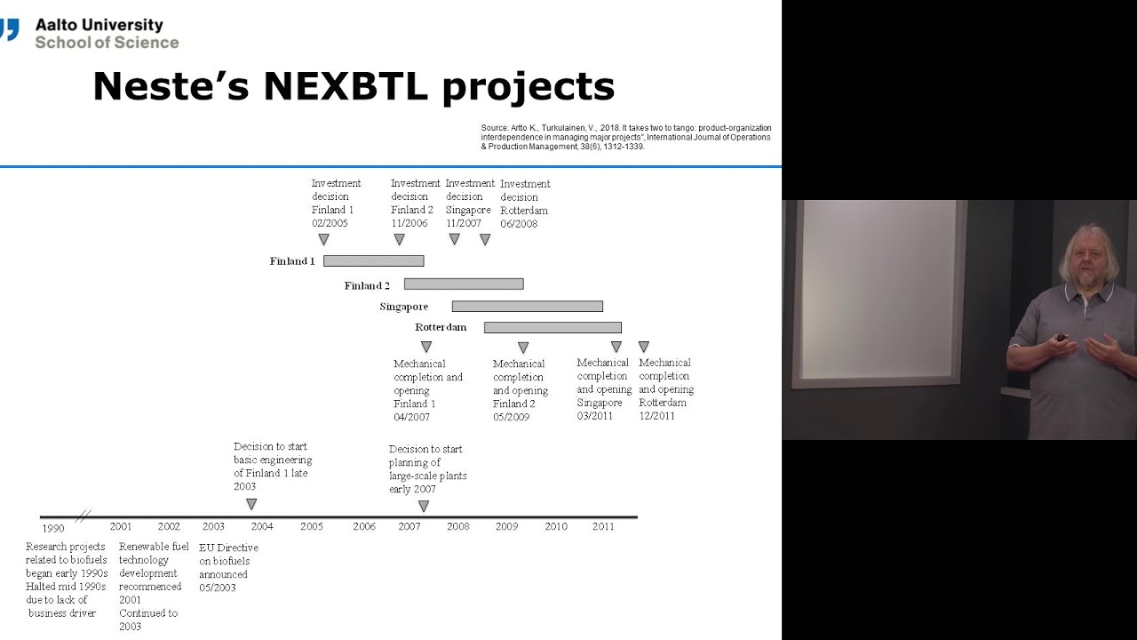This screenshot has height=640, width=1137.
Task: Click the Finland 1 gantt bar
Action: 373,261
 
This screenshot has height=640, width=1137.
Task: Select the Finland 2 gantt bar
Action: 464,284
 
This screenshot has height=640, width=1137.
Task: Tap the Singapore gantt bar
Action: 527,307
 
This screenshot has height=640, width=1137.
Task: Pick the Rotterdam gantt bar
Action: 553,328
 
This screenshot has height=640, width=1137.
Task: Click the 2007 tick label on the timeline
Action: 409,527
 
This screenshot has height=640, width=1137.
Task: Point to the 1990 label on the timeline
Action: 53,529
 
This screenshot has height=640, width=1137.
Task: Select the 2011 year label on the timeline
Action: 603,527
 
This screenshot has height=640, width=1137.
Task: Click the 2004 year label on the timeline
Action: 262,527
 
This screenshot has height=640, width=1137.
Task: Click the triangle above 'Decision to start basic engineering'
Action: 251,504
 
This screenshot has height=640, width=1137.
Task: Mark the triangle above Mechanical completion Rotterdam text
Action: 643,347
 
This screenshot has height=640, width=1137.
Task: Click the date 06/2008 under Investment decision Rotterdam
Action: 519,224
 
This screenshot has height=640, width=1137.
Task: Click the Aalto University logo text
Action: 99,26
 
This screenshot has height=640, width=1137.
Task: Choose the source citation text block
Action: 626,137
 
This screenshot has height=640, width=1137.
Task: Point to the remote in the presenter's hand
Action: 1060,338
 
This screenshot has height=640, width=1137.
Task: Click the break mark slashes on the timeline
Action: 83,516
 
